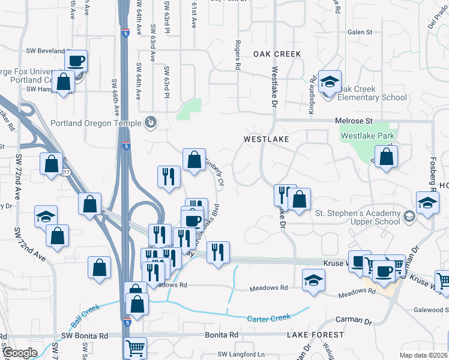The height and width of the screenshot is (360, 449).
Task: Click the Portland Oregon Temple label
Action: [104, 123]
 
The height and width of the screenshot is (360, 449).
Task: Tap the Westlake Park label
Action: [367, 136]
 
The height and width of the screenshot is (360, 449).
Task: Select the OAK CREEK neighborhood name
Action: [277, 54]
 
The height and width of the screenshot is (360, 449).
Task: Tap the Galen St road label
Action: [360, 32]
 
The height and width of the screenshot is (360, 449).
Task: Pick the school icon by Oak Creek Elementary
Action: [330, 82]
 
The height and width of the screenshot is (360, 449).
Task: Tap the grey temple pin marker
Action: [151, 123]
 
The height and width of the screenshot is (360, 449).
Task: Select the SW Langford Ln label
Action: [241, 355]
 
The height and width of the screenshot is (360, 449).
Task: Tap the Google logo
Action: [20, 352]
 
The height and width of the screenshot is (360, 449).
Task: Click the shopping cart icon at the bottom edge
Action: [134, 348]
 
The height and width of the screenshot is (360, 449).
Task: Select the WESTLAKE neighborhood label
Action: [267, 139]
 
